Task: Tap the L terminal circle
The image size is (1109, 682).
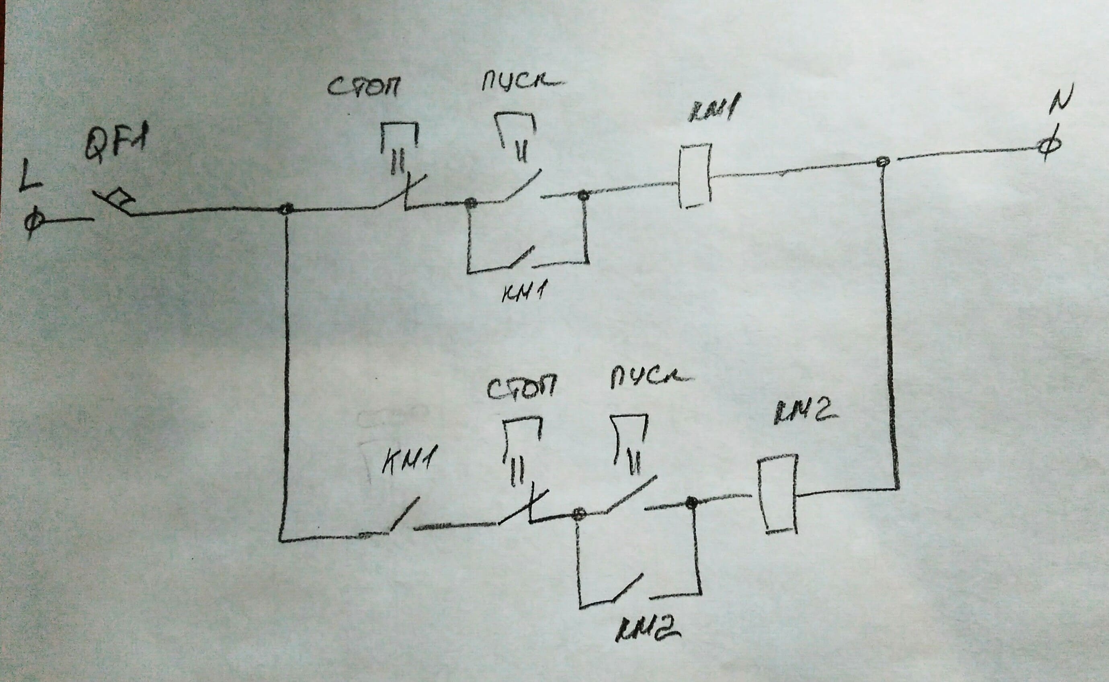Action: (33, 222)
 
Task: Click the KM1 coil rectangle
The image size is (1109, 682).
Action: (695, 176)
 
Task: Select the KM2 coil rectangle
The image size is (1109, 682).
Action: (777, 494)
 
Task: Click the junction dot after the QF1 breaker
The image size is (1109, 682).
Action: (286, 209)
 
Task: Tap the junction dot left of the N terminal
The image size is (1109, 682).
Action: (884, 162)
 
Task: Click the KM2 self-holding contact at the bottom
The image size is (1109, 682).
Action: (627, 587)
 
